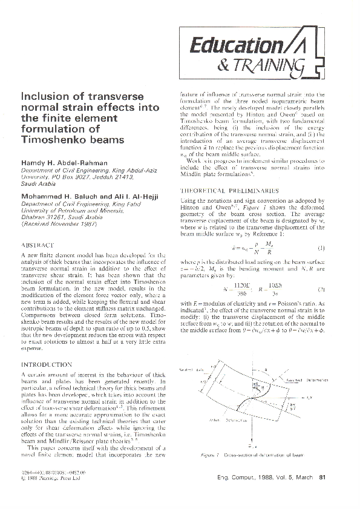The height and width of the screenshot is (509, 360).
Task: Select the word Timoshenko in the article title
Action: point(53,140)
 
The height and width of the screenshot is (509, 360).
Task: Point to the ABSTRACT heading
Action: point(38,246)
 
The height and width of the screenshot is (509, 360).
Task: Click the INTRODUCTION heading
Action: point(47,365)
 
